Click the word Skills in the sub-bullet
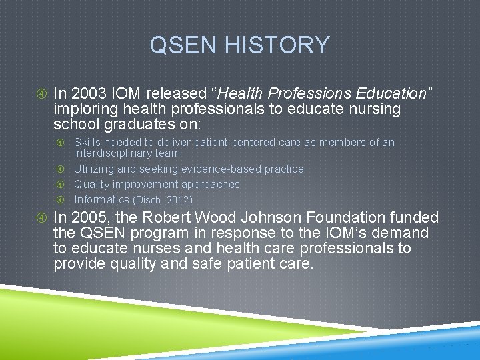pos(87,142)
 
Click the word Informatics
pos(102,199)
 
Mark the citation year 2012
pos(179,200)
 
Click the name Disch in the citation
pos(150,200)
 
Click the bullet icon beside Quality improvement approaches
pos(60,185)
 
